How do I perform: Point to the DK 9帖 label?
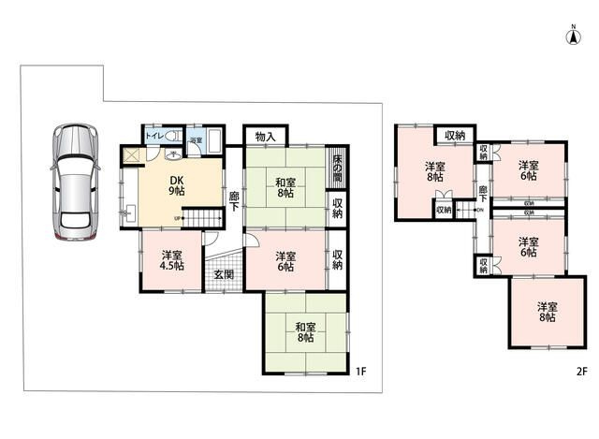(175, 185)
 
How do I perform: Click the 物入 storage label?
(265, 137)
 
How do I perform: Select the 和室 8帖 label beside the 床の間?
(286, 188)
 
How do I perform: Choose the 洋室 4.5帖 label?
(171, 259)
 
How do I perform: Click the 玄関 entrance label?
(223, 274)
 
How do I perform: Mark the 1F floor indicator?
(361, 372)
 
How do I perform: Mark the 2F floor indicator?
(581, 372)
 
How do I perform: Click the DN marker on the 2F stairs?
(479, 210)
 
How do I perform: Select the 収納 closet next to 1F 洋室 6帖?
(337, 258)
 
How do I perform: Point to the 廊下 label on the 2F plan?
(483, 194)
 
